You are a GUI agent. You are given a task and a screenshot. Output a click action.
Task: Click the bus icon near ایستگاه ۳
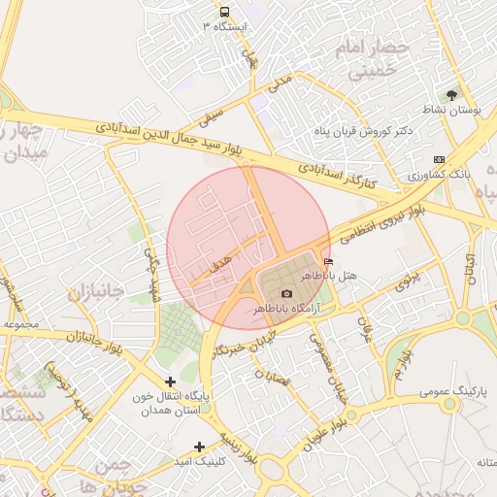(x=225, y=13)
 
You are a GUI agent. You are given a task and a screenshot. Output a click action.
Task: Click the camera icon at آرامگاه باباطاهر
(x=286, y=294)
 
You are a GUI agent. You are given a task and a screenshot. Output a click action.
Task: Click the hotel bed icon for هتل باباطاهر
(x=328, y=262)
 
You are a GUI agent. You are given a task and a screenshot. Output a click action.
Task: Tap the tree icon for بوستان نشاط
(x=450, y=95)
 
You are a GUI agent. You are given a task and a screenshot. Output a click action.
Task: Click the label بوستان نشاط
(x=454, y=111)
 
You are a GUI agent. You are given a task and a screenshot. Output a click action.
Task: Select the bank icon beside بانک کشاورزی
(x=440, y=159)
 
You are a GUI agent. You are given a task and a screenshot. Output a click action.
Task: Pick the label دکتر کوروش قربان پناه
(x=364, y=130)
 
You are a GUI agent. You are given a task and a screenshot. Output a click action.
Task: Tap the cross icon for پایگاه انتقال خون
(x=171, y=382)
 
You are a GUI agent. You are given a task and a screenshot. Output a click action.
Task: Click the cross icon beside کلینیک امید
(x=200, y=447)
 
